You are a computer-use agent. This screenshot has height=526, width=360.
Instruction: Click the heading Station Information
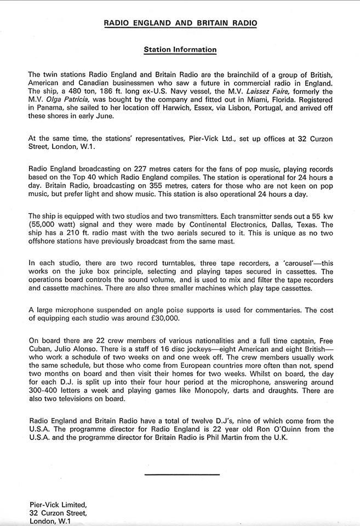pos(180,50)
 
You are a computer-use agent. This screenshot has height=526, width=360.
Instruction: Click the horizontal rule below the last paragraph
pos(182,473)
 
